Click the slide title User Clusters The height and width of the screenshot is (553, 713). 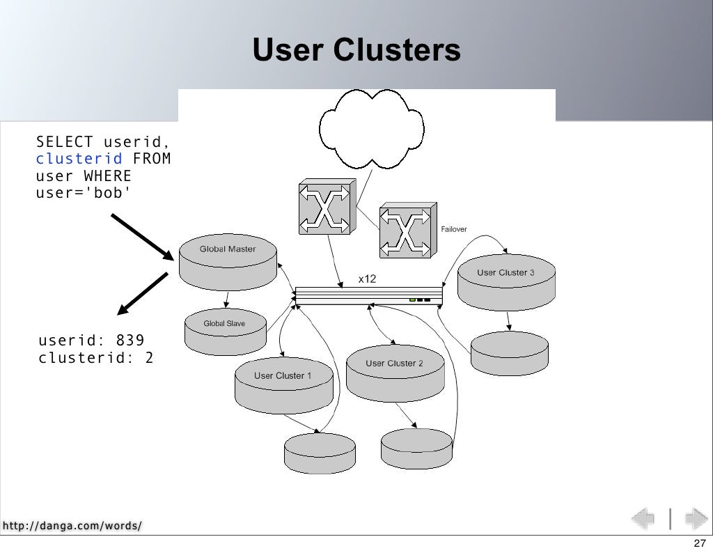[356, 49]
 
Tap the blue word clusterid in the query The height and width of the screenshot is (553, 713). [79, 159]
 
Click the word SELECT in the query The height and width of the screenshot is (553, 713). [64, 142]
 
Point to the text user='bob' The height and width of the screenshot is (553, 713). [84, 193]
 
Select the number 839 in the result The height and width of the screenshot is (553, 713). [130, 340]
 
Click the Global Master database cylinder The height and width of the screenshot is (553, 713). [228, 262]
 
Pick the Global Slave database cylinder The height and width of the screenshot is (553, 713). [225, 332]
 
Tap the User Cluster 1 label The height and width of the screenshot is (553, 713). [283, 375]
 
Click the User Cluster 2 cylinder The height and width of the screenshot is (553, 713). [395, 373]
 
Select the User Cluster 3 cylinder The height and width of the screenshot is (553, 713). [507, 282]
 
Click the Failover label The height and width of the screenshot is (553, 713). [454, 229]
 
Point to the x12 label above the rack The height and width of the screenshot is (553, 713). [367, 279]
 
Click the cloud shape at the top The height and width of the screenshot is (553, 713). [372, 129]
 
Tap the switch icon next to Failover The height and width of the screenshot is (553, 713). [408, 230]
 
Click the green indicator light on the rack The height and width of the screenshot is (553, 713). [412, 300]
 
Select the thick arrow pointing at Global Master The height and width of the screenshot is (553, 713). [143, 237]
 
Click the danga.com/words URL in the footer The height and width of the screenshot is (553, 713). [72, 526]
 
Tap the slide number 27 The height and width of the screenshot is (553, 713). [700, 543]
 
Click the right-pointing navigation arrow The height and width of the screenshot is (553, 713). [696, 518]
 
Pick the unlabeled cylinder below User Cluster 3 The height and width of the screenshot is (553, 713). [509, 353]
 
